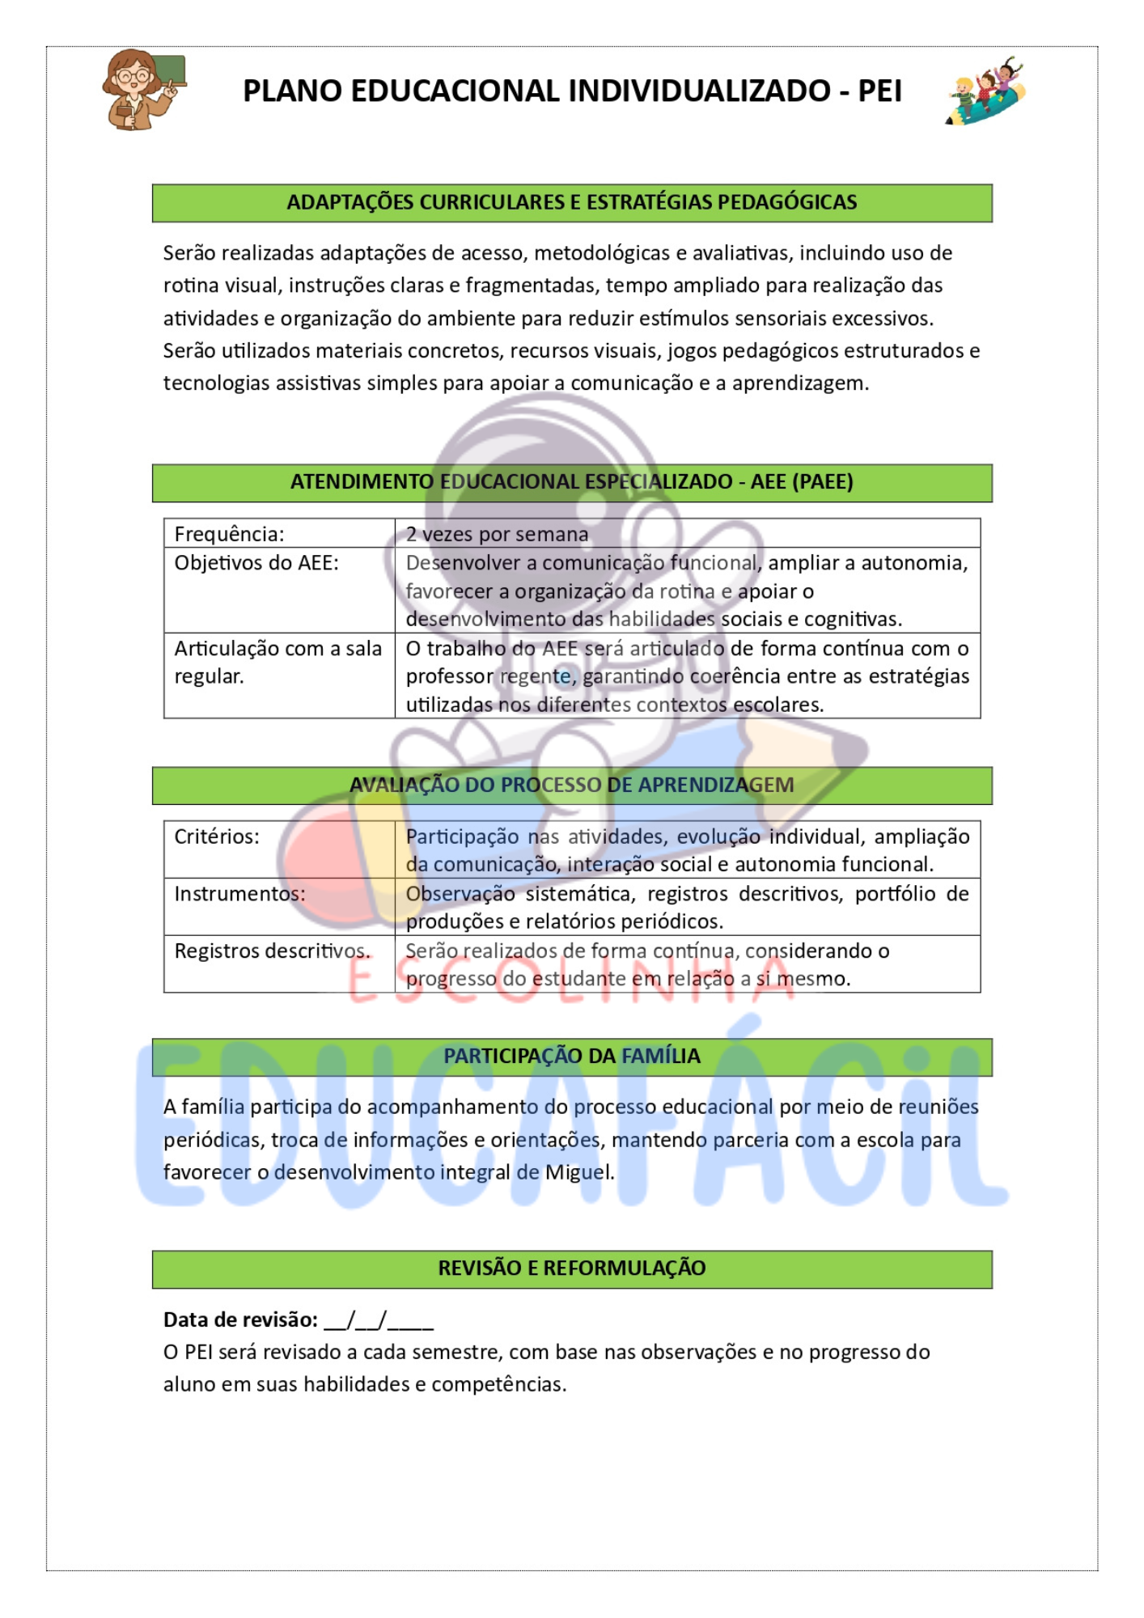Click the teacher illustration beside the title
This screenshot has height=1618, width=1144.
coord(143,89)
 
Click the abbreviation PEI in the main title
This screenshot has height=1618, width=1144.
coord(879,91)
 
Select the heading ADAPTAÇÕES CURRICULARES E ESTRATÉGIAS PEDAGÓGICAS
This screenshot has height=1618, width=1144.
coord(571,202)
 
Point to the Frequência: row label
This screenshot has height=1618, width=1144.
coord(230,534)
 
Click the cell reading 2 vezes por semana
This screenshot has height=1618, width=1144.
coord(497,534)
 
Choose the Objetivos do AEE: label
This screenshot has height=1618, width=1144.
coord(256,563)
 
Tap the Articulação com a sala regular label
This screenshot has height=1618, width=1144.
coord(278,662)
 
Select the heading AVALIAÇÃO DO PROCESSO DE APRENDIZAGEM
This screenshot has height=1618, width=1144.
coord(571,785)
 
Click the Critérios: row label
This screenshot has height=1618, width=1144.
coord(217,837)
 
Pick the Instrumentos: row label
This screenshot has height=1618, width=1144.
coord(239,894)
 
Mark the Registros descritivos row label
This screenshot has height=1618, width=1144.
coord(272,951)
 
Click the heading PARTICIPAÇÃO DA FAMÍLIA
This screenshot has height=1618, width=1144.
coord(571,1056)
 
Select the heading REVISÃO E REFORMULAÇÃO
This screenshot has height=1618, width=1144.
coord(571,1268)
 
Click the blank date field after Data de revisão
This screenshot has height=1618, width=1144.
coord(379,1320)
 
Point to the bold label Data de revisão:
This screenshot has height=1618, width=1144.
coord(240,1319)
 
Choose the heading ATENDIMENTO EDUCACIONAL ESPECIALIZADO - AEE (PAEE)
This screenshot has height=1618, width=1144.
coord(571,482)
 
